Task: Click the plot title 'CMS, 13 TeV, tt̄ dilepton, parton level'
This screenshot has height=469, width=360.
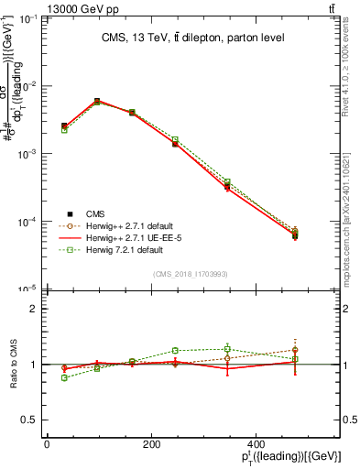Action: (192, 38)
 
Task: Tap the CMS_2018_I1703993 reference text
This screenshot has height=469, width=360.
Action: (190, 274)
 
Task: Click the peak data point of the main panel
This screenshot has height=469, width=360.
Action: (96, 101)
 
